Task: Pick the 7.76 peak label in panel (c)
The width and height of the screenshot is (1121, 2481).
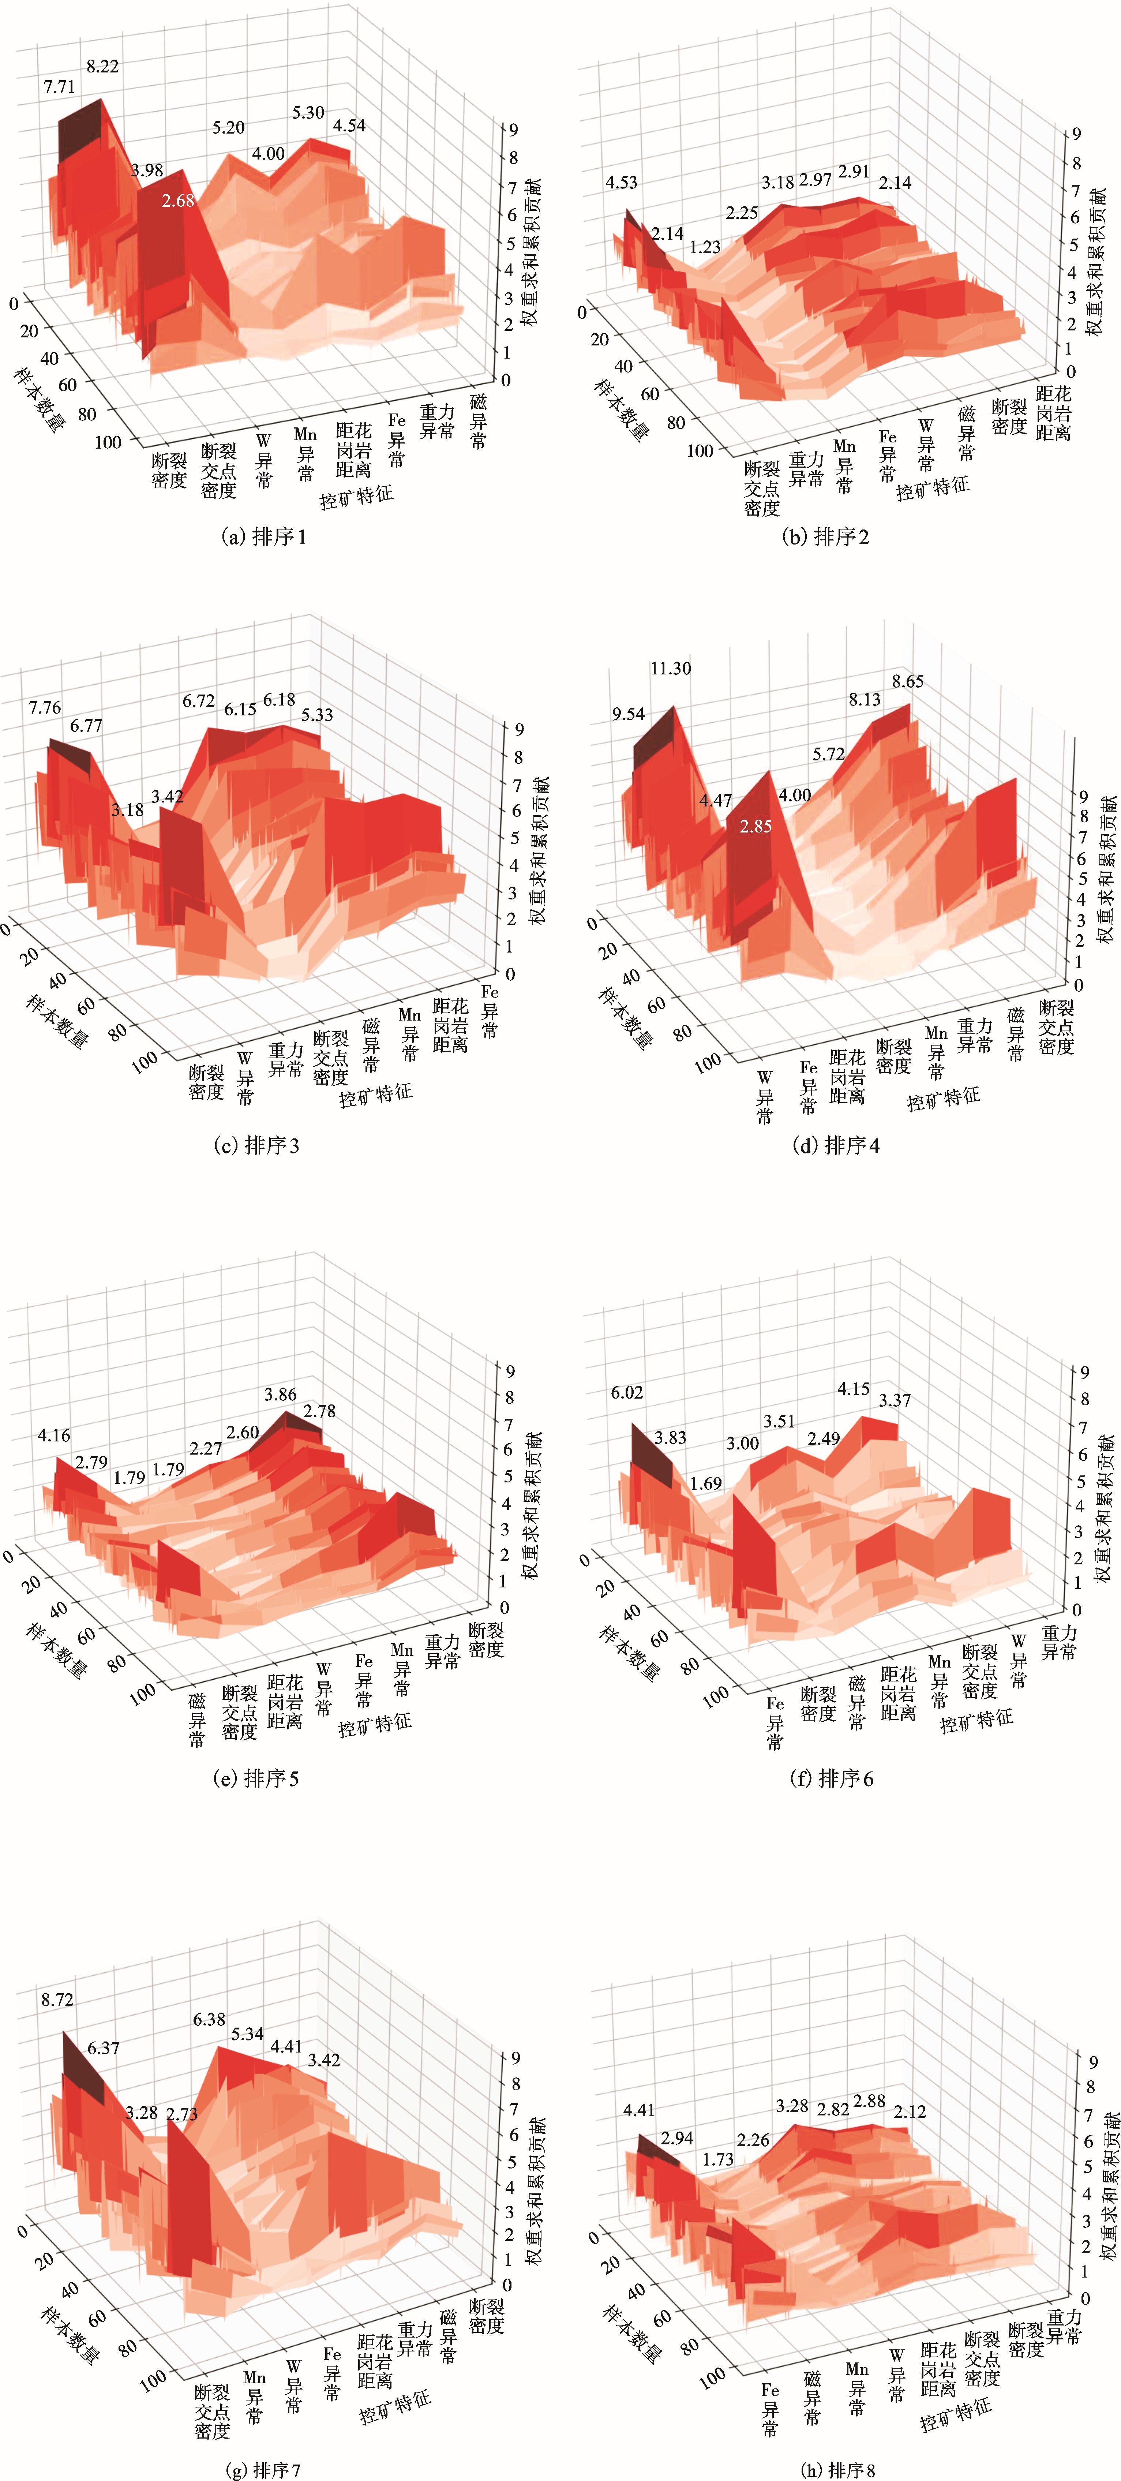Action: click(44, 708)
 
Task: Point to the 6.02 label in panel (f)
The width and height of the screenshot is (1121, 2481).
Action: click(627, 1393)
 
